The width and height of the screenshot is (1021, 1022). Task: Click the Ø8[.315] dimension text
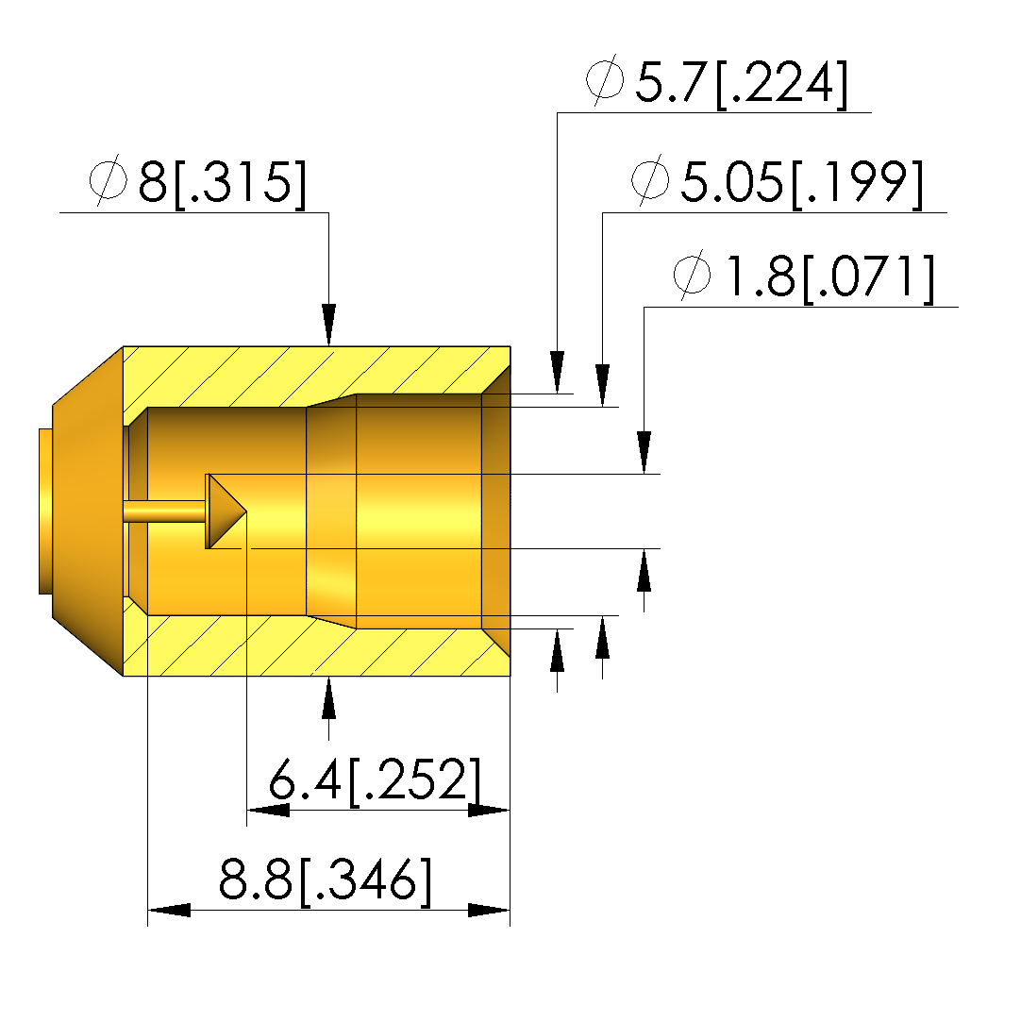[x=197, y=182]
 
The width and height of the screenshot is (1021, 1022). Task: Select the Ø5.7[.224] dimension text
[x=717, y=82]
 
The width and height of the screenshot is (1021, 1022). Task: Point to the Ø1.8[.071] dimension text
[x=803, y=277]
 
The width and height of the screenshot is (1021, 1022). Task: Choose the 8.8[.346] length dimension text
[x=325, y=880]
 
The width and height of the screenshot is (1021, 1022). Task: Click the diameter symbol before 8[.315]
[x=109, y=180]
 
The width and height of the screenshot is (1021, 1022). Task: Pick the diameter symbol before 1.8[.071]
[x=692, y=274]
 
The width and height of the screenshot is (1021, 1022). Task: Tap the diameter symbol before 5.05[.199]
[x=649, y=179]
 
